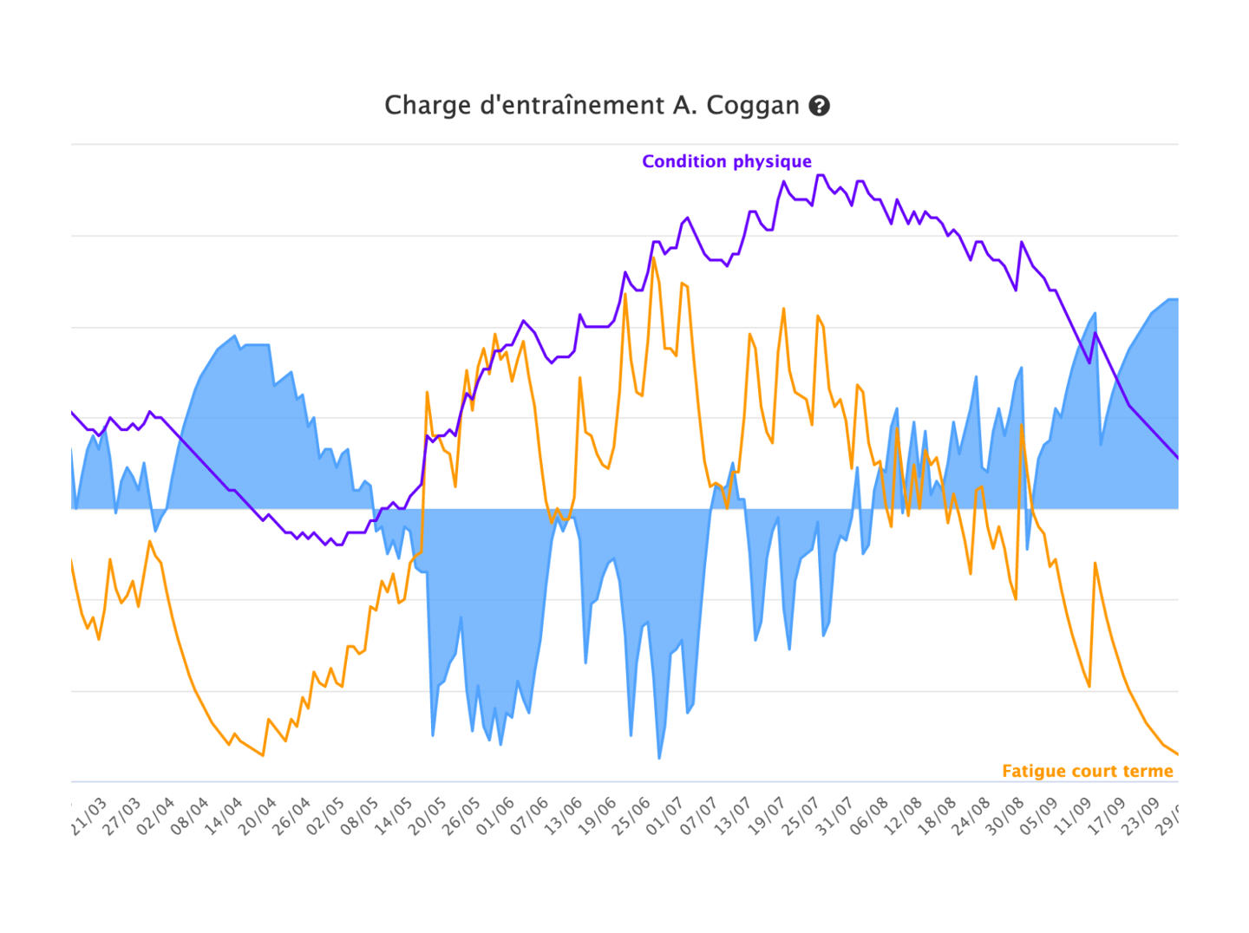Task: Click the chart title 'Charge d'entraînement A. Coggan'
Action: click(592, 106)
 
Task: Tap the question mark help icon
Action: click(820, 106)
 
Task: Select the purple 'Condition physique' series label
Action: click(727, 161)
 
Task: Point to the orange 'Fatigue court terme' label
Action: click(1087, 771)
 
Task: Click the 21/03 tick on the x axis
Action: click(88, 817)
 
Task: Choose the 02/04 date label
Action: click(156, 817)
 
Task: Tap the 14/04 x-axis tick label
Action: click(224, 817)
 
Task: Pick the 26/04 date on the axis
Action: click(292, 817)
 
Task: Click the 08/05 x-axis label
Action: click(360, 817)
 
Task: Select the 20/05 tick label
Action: click(428, 817)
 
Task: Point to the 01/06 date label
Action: click(496, 817)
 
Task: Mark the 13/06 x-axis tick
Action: click(564, 817)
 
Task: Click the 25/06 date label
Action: click(631, 817)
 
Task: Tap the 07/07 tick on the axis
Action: click(700, 817)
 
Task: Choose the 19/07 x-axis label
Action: click(768, 817)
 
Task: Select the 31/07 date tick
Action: click(835, 817)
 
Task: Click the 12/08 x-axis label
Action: click(904, 817)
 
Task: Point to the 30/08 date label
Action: click(1005, 817)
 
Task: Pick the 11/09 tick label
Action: click(1073, 817)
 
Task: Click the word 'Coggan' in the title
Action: click(753, 106)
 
